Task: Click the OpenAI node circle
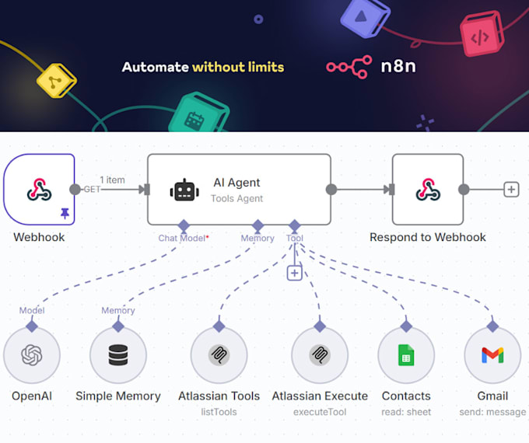32,355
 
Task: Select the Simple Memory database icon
118,355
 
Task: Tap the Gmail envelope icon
492,355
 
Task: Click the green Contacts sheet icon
406,355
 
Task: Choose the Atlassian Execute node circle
320,355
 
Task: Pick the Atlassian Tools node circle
219,355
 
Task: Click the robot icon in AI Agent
184,190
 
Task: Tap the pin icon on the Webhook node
65,214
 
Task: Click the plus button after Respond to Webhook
511,189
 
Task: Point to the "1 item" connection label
112,180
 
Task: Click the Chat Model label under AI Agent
183,239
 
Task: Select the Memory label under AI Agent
257,239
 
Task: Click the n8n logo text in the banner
398,66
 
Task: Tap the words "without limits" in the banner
238,67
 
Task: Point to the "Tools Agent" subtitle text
237,199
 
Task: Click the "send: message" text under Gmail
493,412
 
